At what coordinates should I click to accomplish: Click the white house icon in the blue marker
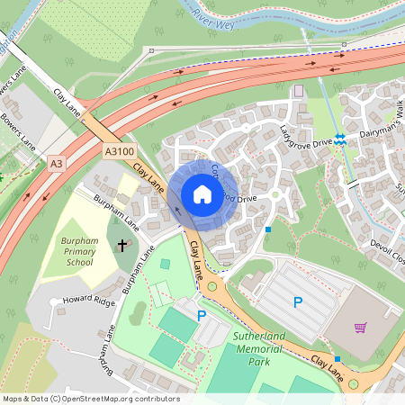(x=202, y=194)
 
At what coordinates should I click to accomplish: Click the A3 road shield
(x=57, y=163)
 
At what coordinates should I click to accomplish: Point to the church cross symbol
(x=124, y=244)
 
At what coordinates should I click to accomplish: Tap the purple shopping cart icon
(x=361, y=328)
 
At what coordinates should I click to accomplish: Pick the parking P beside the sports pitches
(x=202, y=316)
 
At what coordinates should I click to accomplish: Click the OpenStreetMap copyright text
(x=90, y=399)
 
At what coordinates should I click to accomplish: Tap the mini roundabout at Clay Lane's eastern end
(x=354, y=384)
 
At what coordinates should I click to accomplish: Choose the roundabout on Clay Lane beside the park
(x=212, y=286)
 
